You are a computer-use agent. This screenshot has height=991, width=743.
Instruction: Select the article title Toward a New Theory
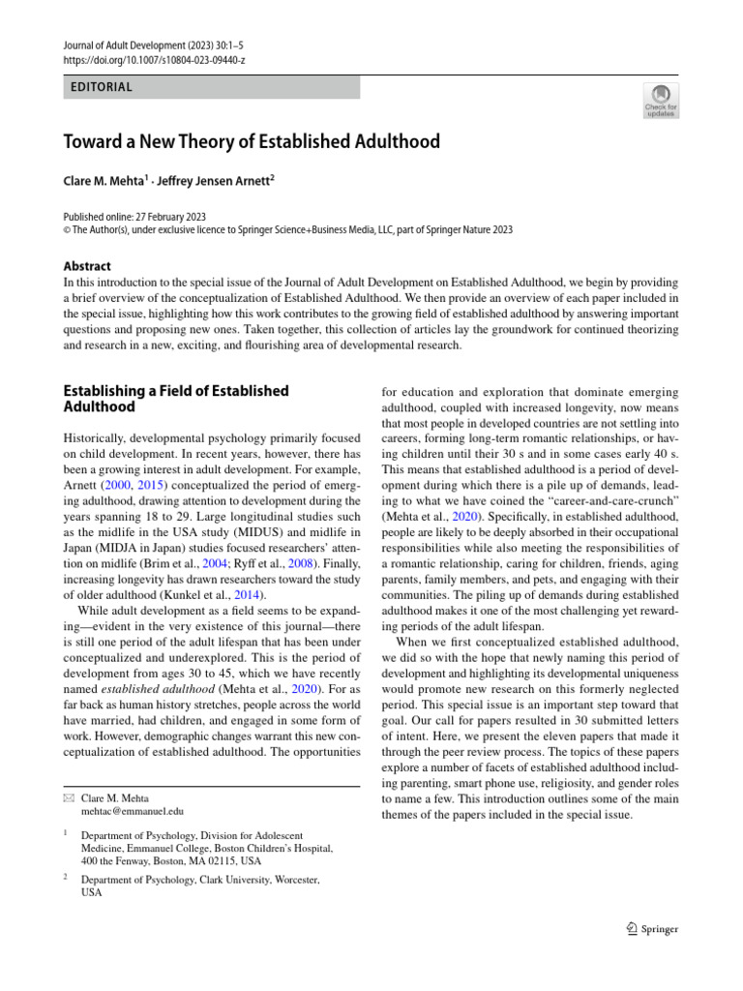point(252,142)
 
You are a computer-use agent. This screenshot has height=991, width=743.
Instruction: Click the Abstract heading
point(87,266)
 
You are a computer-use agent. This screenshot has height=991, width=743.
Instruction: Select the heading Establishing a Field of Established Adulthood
point(175,400)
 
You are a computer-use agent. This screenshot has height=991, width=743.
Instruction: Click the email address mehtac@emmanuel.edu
point(133,811)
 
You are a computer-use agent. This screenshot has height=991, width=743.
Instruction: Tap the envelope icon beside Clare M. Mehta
point(68,797)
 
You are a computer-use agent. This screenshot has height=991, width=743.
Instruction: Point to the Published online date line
point(134,217)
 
